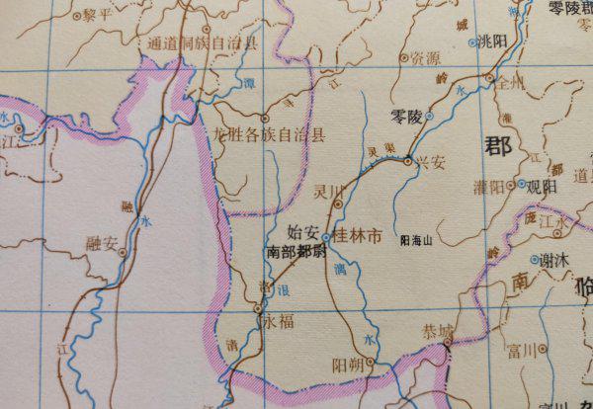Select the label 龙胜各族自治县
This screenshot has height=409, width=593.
pos(269,135)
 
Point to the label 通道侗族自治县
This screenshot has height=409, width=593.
pos(202,42)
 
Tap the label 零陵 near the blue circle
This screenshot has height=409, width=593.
pos(406,117)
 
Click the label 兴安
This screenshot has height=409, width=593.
pos(430,161)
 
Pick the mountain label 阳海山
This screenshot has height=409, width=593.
pos(415,239)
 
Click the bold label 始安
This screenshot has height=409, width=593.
pos(301,233)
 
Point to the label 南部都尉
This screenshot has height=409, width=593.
pos(296,252)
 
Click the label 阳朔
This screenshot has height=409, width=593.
pos(348,366)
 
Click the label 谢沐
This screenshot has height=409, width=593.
pos(560,260)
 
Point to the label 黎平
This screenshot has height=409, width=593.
pos(98,16)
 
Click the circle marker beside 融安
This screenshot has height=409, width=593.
pos(123,252)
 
